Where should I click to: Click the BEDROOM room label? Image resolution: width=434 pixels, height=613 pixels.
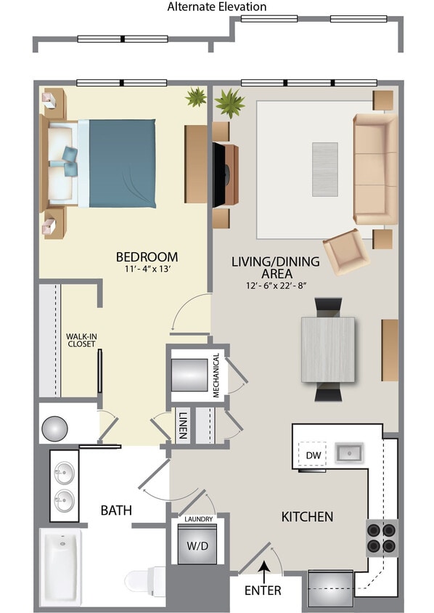tap(147, 257)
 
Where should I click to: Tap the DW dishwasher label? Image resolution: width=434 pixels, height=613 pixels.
tap(313, 455)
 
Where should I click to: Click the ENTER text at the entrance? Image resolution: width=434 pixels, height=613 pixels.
tap(262, 590)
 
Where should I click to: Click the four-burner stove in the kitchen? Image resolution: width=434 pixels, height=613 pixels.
tap(381, 537)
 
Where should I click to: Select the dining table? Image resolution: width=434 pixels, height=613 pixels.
tap(328, 349)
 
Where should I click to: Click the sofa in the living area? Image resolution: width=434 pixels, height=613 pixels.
tap(374, 169)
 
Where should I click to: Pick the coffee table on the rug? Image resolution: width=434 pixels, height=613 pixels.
tap(324, 168)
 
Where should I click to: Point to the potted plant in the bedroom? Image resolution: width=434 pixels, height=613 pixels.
tap(195, 97)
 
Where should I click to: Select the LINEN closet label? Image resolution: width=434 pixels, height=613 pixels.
tap(184, 426)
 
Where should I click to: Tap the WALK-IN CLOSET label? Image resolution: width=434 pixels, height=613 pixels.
tap(81, 340)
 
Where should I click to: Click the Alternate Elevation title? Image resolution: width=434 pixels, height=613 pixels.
tap(217, 7)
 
